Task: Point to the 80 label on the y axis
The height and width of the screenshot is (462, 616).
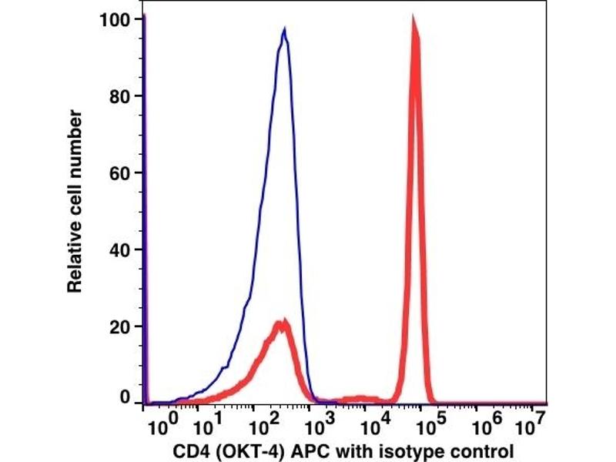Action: (x=120, y=96)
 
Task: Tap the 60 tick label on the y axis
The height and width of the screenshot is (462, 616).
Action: (x=120, y=172)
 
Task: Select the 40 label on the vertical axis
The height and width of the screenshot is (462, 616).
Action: (x=120, y=249)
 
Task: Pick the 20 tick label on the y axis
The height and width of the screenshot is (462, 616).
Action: (x=120, y=326)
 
